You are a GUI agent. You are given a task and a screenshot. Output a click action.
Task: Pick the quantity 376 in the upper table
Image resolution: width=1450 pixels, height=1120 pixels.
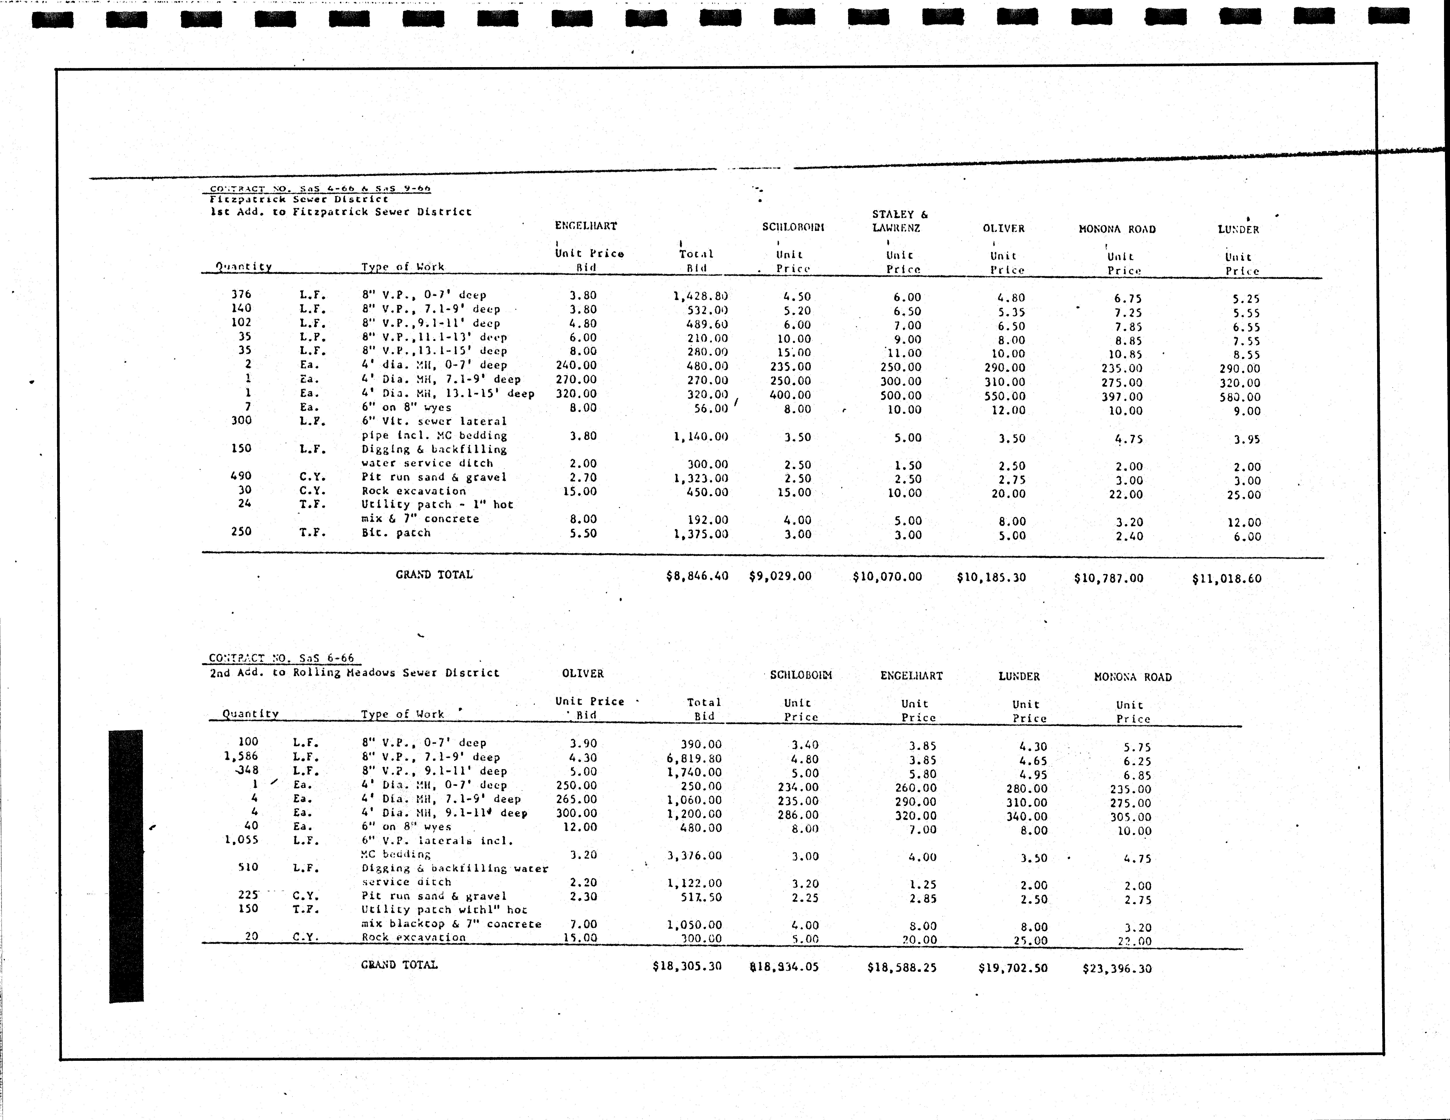coord(241,294)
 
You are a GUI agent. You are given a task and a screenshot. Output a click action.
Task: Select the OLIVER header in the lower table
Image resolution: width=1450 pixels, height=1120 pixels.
coord(582,673)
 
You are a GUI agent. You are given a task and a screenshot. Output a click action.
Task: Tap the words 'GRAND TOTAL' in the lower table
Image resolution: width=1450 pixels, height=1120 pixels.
coord(399,965)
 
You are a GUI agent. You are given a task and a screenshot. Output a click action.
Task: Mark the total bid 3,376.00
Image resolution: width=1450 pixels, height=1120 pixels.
coord(694,856)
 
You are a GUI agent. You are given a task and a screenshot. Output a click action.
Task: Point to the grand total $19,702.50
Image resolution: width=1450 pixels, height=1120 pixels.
coord(1012,968)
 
